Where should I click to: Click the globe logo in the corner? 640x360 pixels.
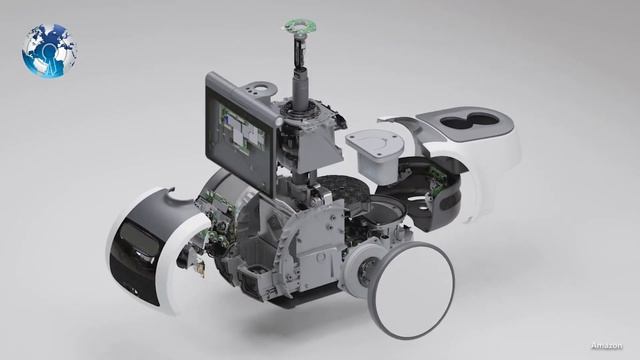(x=49, y=51)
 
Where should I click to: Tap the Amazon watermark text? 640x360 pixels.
(x=607, y=346)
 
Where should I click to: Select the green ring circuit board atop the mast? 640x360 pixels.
(x=300, y=27)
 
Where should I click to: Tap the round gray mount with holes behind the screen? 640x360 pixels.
(x=258, y=89)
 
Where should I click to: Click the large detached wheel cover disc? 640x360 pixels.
(x=411, y=289)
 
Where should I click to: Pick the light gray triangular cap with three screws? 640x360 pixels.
(x=374, y=144)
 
